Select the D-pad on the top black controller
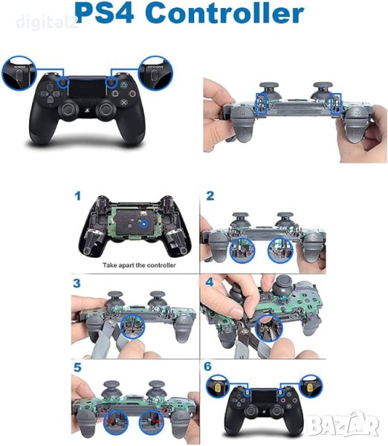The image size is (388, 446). coord(47,96)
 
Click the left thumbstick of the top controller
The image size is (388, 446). coord(68,110)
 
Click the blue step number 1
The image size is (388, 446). coord(77,196)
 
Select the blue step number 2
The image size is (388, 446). coord(210,196)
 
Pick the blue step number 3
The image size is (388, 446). coord(77,284)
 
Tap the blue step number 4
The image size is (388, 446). coord(210,284)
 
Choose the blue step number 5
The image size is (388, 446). coord(77,368)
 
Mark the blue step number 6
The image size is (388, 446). coord(210,368)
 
